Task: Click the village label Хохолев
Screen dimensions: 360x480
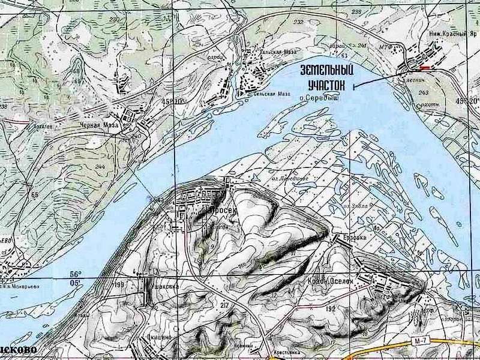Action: click(x=41, y=127)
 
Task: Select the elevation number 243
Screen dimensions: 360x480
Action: click(x=424, y=92)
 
